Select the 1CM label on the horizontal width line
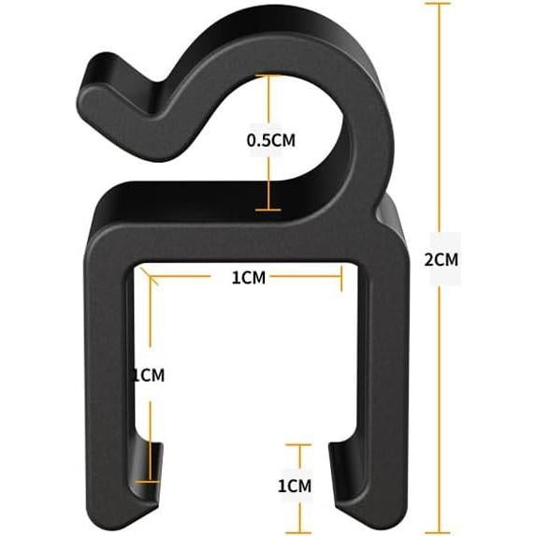pos(249,278)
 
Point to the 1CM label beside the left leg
pos(148,375)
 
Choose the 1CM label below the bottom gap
pos(296,486)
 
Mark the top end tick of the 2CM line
pos(441,4)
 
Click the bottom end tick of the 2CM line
pos(441,530)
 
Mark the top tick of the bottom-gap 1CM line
pos(297,445)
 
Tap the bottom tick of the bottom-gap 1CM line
pos(297,530)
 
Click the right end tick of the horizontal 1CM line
pos(342,278)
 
